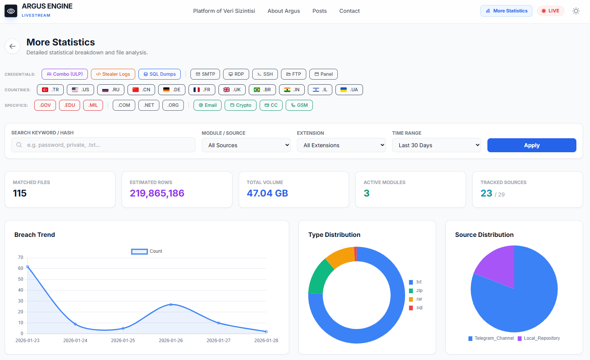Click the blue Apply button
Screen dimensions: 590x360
pyautogui.click(x=532, y=145)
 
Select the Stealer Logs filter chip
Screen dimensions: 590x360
pyautogui.click(x=113, y=74)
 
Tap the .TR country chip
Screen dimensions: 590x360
pyautogui.click(x=50, y=90)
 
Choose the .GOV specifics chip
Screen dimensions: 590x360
pyautogui.click(x=45, y=105)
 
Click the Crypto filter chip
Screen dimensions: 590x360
pyautogui.click(x=241, y=105)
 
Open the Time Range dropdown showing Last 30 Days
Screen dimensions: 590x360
pyautogui.click(x=436, y=145)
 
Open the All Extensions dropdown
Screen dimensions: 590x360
pyautogui.click(x=341, y=145)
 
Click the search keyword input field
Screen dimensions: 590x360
pyautogui.click(x=103, y=145)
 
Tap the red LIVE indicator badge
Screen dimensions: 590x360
pyautogui.click(x=550, y=11)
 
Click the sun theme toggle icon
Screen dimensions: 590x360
pyautogui.click(x=576, y=11)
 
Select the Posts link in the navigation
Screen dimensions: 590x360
pyautogui.click(x=319, y=11)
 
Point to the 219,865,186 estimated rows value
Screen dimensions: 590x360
pyautogui.click(x=157, y=193)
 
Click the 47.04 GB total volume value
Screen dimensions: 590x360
pyautogui.click(x=267, y=193)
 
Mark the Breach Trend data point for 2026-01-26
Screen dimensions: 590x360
pyautogui.click(x=171, y=304)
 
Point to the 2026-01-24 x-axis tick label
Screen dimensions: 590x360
pyautogui.click(x=75, y=341)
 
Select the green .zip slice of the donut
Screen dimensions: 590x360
pyautogui.click(x=319, y=277)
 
